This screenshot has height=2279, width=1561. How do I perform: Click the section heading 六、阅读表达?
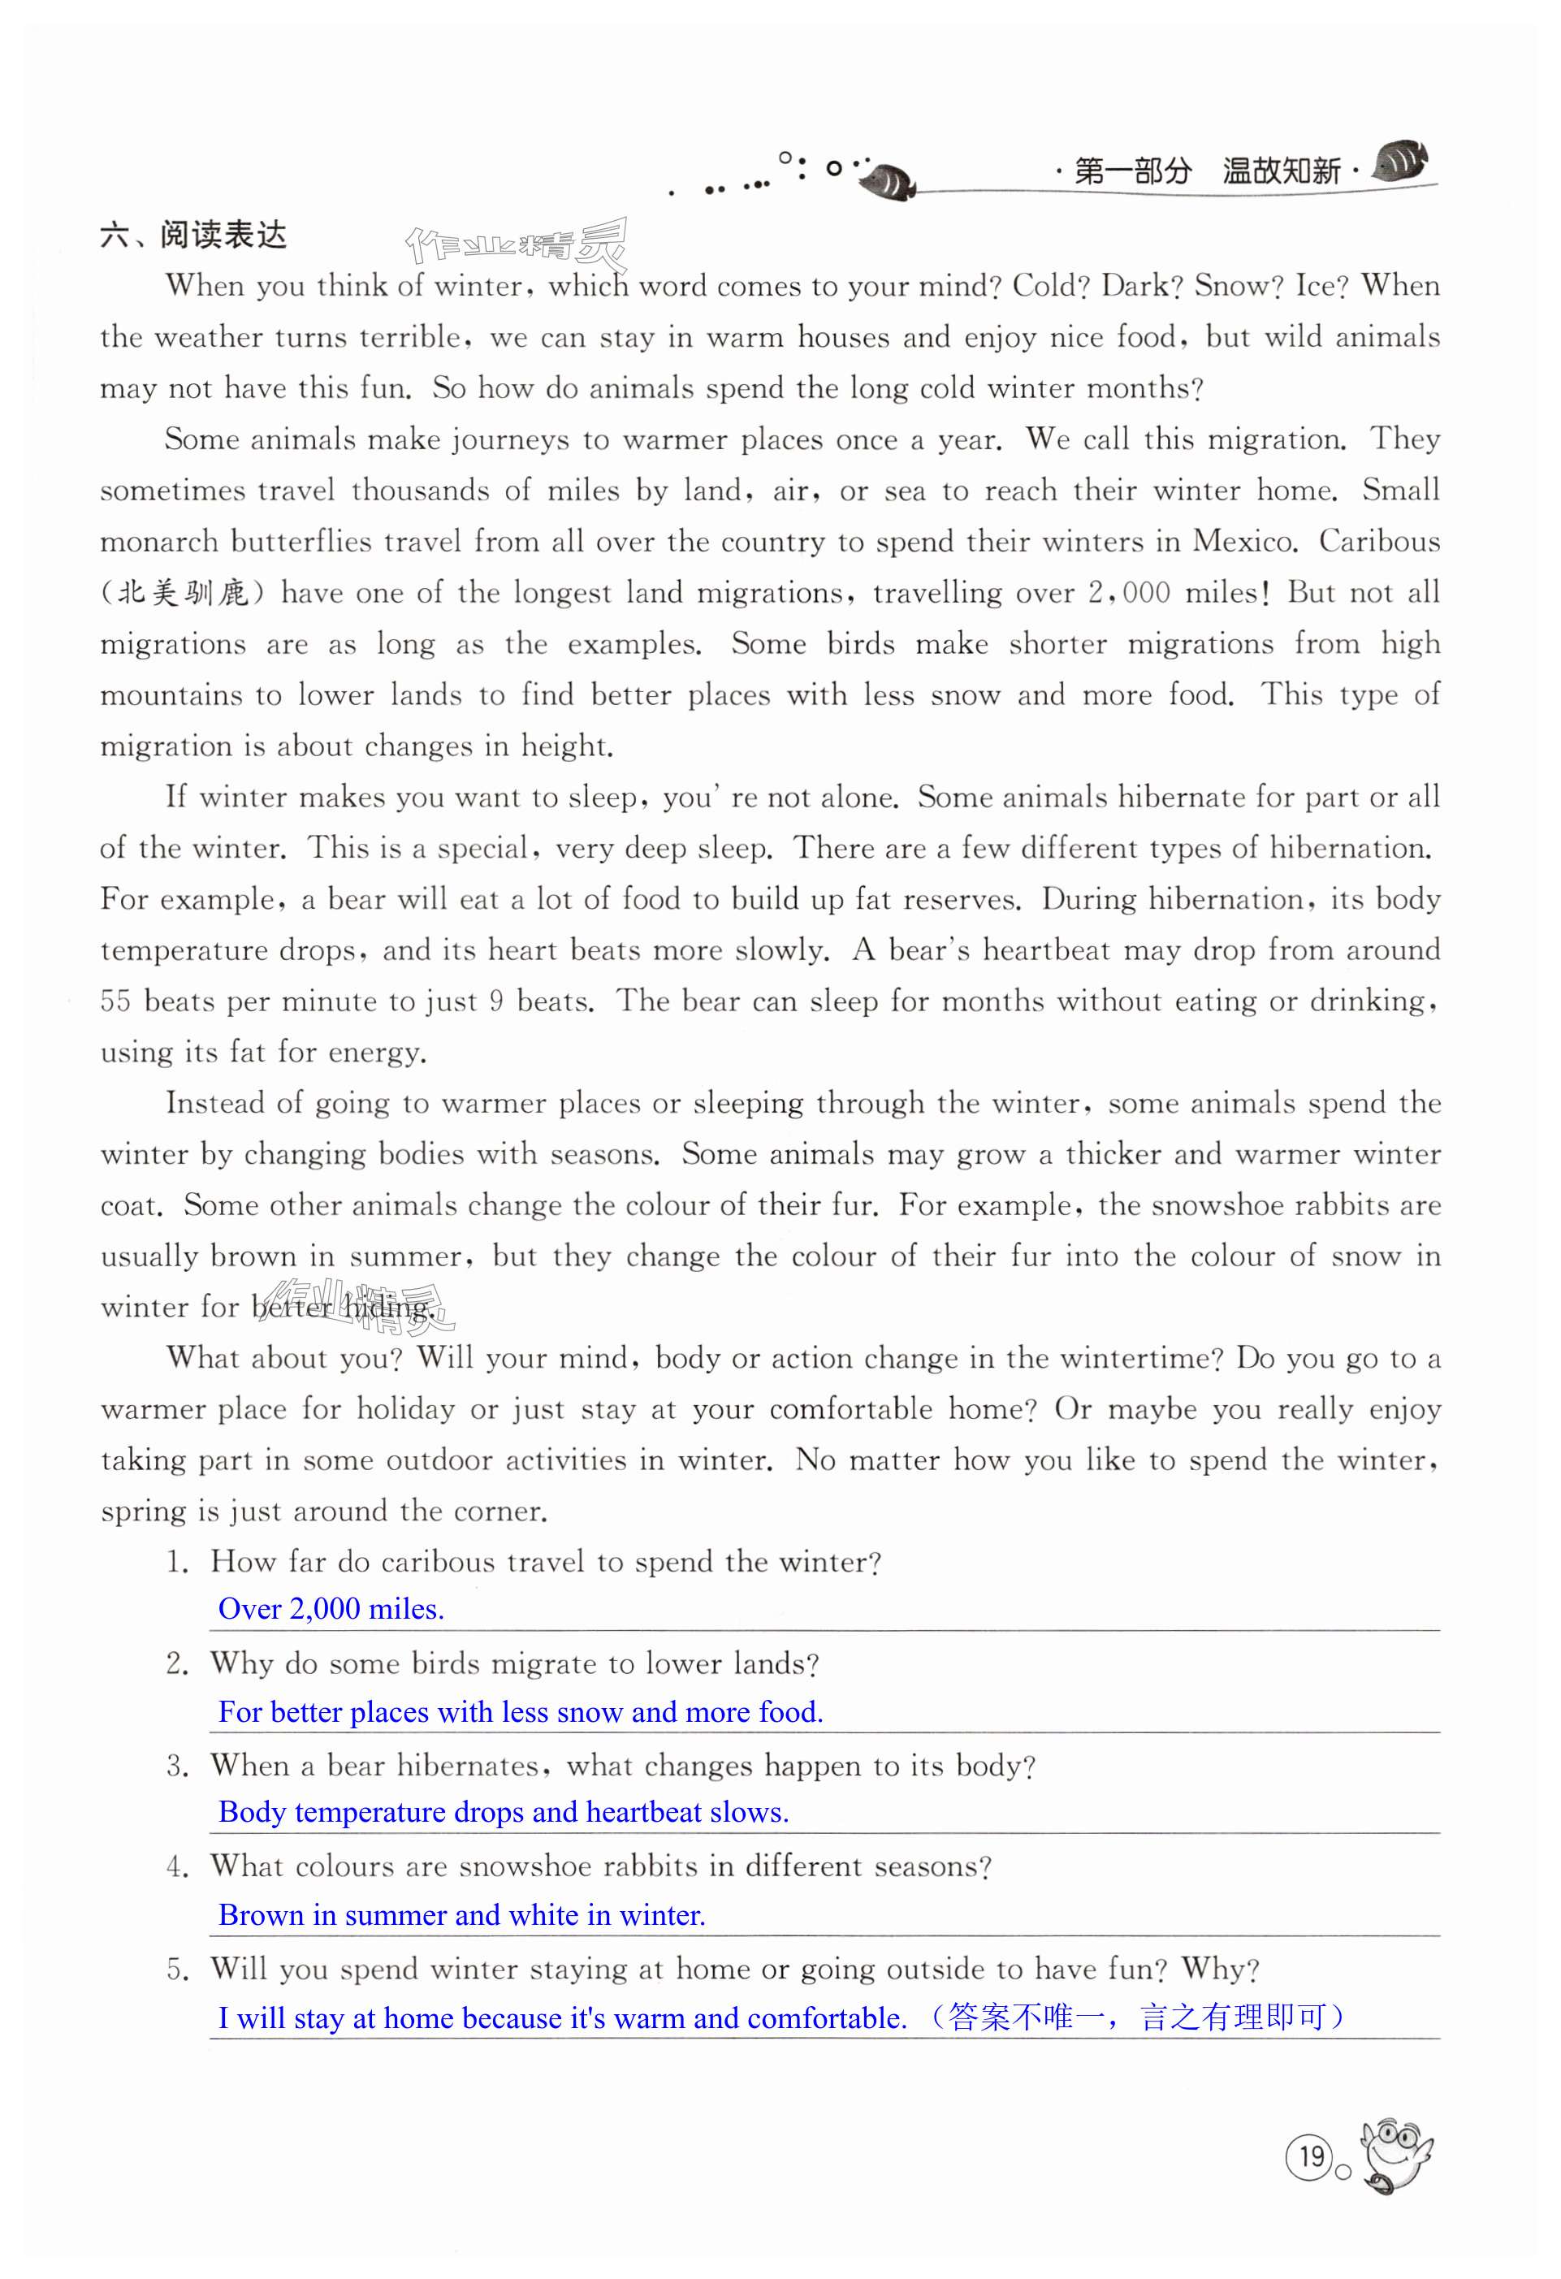[193, 236]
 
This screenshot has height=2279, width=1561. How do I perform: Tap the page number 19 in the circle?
[1311, 2156]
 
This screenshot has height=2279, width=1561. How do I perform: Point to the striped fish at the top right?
[1400, 162]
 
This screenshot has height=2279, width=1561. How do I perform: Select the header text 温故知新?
[1281, 171]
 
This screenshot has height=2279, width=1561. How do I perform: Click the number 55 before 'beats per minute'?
[115, 1001]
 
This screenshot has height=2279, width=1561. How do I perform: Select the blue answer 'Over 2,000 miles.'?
[331, 1609]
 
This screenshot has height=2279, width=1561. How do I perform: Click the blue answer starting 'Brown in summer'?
[461, 1915]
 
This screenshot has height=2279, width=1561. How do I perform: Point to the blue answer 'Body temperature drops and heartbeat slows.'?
[503, 1812]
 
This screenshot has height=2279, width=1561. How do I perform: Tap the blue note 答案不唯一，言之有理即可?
[1137, 2017]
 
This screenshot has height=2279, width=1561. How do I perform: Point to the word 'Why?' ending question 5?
[1220, 1969]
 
